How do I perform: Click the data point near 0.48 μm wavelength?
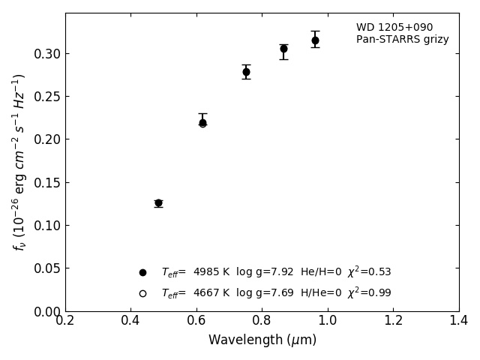[x=158, y=202]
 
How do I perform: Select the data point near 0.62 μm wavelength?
[x=202, y=122]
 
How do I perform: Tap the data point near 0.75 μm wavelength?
[x=246, y=72]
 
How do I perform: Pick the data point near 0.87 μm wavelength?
[x=283, y=49]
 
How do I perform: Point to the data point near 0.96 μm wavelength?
[x=315, y=40]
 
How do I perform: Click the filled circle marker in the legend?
[x=142, y=272]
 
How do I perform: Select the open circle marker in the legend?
[x=142, y=293]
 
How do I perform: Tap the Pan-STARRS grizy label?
[x=403, y=40]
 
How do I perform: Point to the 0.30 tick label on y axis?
[x=47, y=54]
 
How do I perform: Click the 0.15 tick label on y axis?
[x=47, y=183]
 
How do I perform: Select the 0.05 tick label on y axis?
[x=47, y=268]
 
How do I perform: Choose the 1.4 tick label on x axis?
[x=459, y=321]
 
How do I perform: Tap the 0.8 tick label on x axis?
[x=262, y=321]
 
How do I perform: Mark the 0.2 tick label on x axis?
[x=65, y=321]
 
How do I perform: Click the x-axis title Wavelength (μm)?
[x=262, y=340]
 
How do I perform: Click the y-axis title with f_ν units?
[x=19, y=161]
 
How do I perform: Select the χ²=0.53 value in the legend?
[x=369, y=272]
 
